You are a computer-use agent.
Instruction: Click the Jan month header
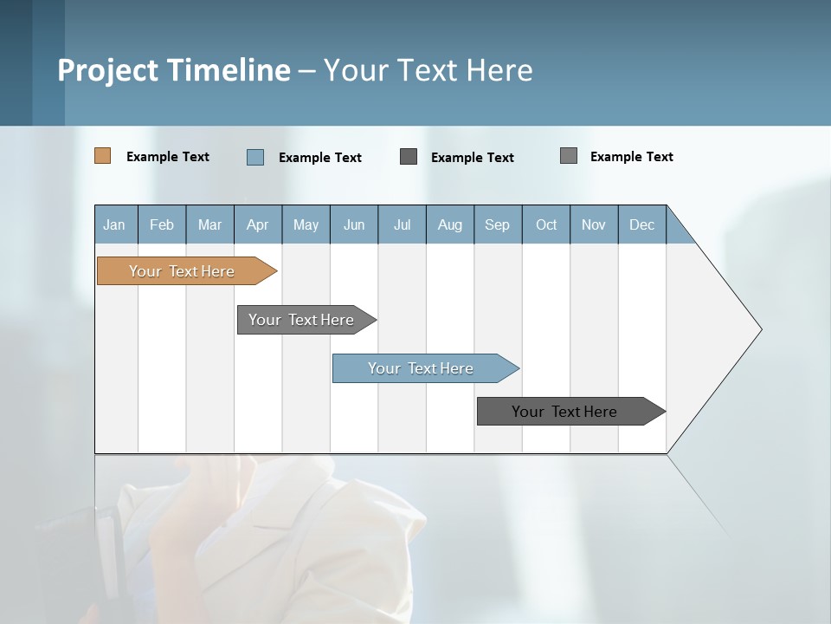tap(114, 224)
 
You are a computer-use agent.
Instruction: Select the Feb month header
tap(162, 224)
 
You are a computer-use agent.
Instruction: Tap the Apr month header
tap(257, 224)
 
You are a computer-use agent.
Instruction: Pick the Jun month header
tap(354, 224)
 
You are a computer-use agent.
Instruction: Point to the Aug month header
tap(449, 224)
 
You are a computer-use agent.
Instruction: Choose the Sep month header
tap(497, 224)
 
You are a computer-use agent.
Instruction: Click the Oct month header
tap(546, 224)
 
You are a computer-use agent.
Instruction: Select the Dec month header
tap(641, 224)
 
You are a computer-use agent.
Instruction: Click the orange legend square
tap(102, 156)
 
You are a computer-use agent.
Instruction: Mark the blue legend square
tap(255, 157)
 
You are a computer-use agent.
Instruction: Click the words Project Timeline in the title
tap(173, 70)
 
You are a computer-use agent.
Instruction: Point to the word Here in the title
tap(499, 70)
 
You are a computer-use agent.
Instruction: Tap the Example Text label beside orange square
tap(168, 157)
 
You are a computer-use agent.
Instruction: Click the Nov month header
tap(594, 224)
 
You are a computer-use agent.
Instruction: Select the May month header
tap(306, 224)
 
